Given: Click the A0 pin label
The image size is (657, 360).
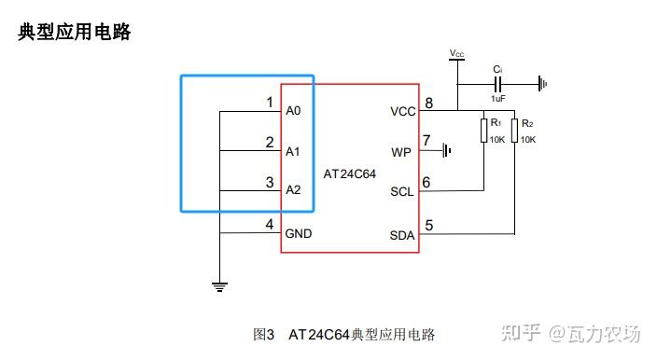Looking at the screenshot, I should point(294,111).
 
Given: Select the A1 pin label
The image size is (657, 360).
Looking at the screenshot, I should point(294,151).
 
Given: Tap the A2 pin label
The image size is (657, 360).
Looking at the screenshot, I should point(294,190).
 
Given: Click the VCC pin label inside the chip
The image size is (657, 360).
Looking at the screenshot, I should point(403,111).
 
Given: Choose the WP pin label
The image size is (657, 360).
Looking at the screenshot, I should point(401,151).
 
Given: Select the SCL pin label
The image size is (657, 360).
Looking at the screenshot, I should point(401,192).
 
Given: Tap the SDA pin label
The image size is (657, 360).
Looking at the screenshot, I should point(402,234).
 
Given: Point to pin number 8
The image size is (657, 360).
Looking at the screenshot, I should point(428,103).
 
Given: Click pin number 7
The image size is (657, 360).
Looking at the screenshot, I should point(427,141).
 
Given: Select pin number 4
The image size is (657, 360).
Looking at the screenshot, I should point(270,224).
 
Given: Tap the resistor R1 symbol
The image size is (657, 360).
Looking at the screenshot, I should point(485,131).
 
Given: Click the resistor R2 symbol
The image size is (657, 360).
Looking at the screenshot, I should point(515,131).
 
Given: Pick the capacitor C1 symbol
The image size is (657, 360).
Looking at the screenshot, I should point(498,84).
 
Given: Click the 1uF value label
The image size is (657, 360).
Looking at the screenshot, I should point(498,99).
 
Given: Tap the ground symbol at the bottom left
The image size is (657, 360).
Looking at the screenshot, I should point(219,286).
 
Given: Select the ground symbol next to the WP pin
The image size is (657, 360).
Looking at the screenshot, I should point(447,150).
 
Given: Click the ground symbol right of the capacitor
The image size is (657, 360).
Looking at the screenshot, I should point(542,84).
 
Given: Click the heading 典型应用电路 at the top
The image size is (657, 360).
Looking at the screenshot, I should point(75,33).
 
